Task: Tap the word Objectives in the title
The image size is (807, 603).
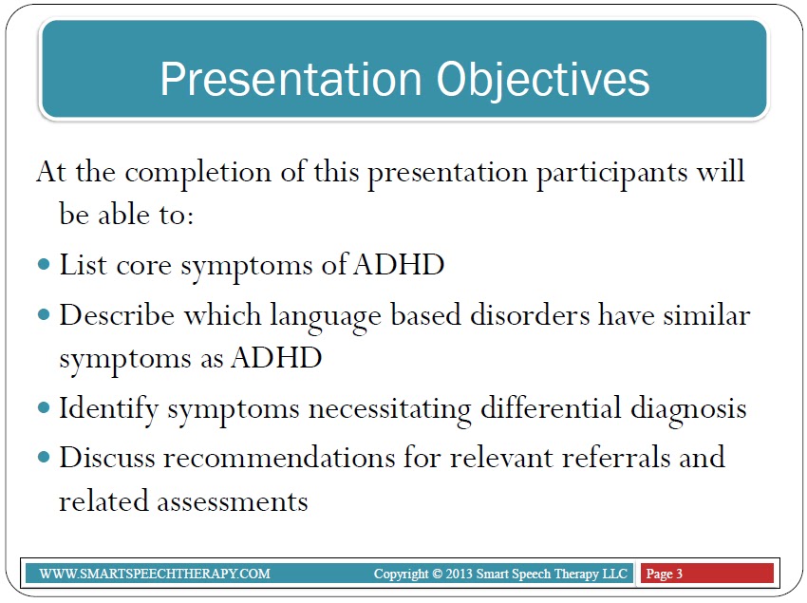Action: point(543,80)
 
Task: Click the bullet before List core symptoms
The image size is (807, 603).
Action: point(45,265)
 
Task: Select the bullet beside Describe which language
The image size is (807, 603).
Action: point(45,314)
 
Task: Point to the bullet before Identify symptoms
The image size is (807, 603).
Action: point(45,408)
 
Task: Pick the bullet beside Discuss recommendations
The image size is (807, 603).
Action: point(45,458)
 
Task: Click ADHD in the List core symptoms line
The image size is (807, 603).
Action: point(400,265)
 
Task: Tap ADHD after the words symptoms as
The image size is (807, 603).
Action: point(276,357)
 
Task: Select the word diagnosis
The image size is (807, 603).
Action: point(688,410)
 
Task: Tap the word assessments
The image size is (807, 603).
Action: point(233,501)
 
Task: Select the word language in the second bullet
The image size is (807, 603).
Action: point(326,317)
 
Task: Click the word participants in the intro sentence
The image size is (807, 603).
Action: point(612,174)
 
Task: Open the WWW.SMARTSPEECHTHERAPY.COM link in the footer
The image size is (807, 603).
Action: point(155,574)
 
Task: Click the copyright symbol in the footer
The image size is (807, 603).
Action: point(437,574)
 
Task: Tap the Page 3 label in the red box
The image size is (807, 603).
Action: point(664,574)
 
